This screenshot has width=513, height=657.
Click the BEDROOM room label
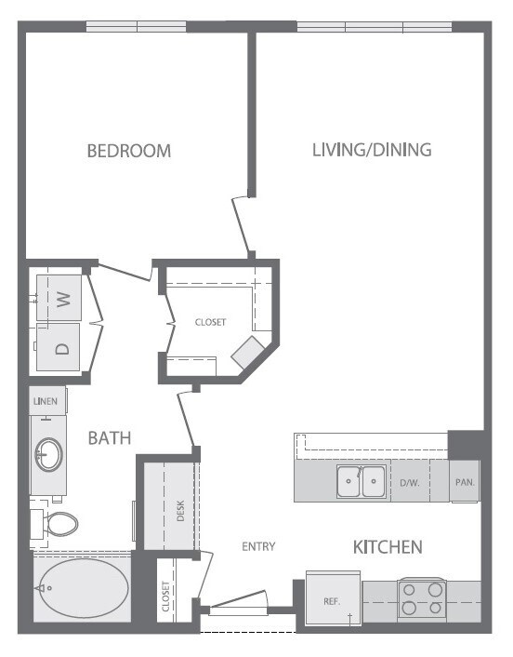point(129,150)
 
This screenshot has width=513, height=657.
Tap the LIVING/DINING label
point(372,149)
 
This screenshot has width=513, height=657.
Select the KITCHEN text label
point(388,546)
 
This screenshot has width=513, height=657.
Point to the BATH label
point(110,437)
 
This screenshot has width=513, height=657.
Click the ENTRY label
point(257,546)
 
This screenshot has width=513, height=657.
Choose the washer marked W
point(63,298)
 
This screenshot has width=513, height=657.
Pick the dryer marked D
point(62,349)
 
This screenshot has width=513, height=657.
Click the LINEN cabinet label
point(46,401)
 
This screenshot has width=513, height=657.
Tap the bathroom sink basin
point(48,456)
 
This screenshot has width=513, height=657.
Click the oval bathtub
point(82,588)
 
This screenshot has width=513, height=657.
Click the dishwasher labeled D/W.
point(409,483)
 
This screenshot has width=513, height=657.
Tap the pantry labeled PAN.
point(464,483)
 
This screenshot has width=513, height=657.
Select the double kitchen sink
point(362,482)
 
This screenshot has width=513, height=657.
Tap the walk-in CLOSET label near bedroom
point(210,322)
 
